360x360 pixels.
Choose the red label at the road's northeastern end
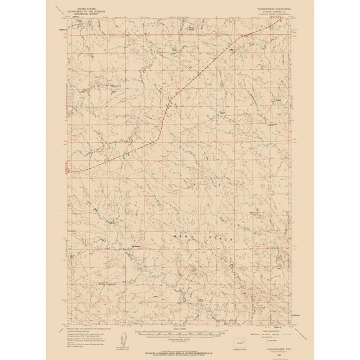[279, 17]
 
